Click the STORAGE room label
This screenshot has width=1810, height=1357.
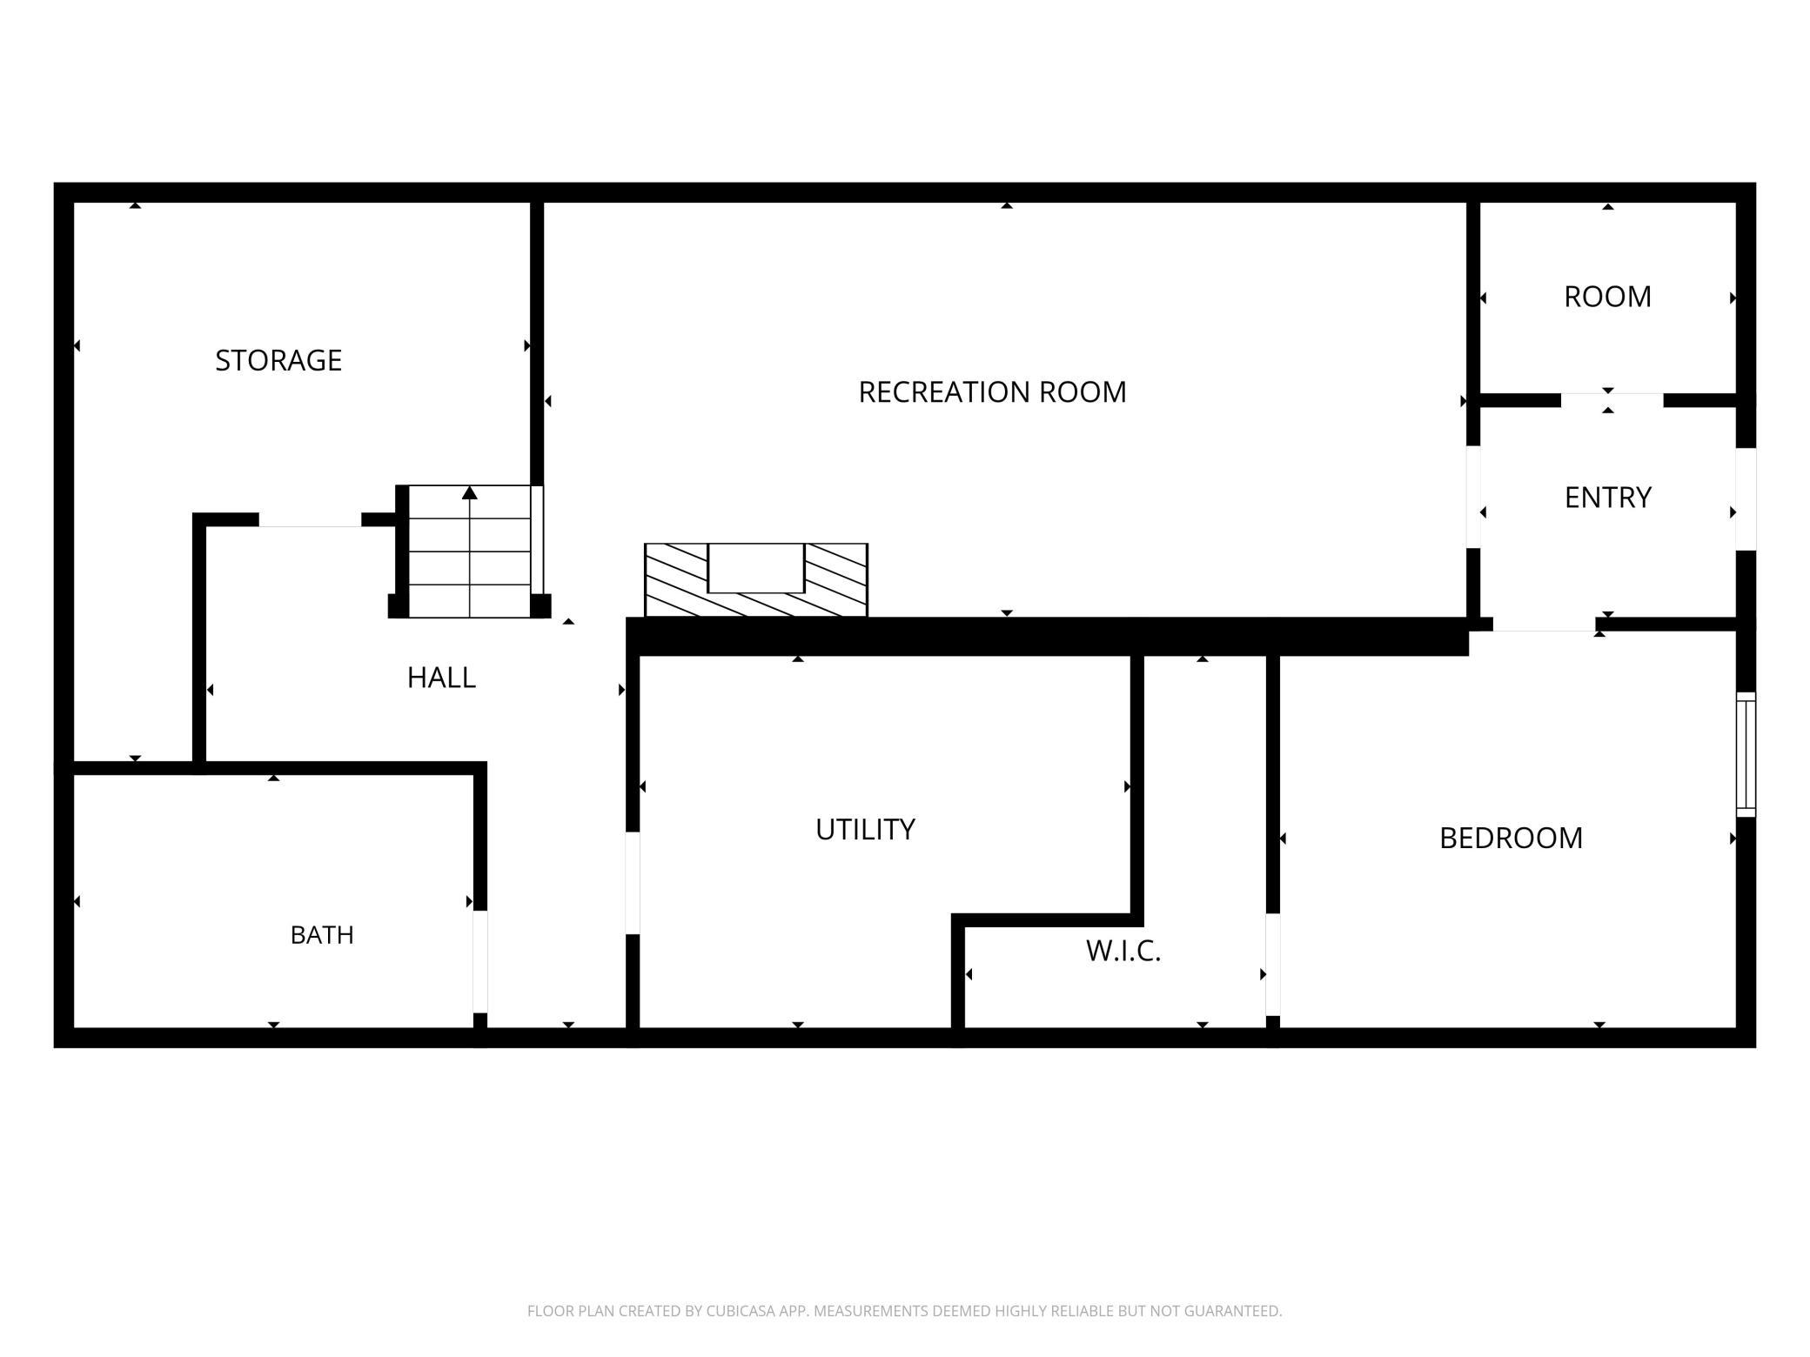[278, 360]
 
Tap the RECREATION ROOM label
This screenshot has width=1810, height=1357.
[992, 392]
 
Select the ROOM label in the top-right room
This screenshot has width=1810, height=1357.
[1607, 297]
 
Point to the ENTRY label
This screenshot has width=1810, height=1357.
[1607, 498]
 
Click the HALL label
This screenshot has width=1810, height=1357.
[441, 678]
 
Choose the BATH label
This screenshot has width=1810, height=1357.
[322, 935]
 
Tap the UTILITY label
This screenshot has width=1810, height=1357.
[865, 830]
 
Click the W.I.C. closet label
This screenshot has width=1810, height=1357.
[1123, 951]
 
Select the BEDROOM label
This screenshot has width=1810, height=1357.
[1511, 838]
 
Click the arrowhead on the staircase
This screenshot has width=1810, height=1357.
[470, 493]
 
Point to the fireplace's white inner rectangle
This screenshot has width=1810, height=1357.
[755, 568]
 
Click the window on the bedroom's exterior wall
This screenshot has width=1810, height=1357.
[1746, 754]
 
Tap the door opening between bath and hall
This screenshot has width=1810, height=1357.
[479, 961]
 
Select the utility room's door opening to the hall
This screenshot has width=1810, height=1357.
[633, 883]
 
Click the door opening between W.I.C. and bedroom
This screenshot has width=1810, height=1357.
[1273, 964]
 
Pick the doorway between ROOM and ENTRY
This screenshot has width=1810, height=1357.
[1612, 400]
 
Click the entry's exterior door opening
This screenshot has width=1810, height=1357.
[1746, 498]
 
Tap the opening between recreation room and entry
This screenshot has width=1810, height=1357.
[1473, 497]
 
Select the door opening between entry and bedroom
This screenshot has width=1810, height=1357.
[1545, 624]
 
